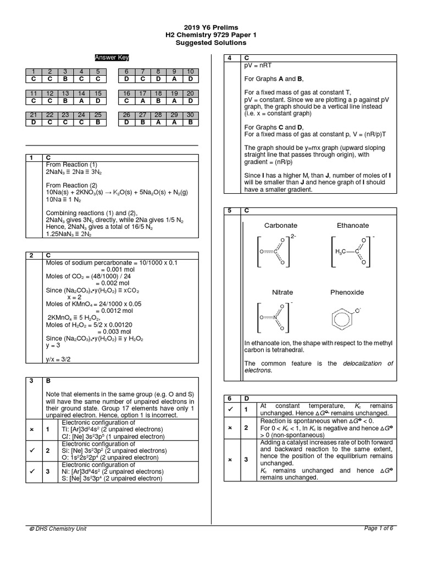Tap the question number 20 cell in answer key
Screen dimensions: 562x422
190,93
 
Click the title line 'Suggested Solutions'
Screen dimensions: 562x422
211,43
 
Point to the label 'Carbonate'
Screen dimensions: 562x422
280,225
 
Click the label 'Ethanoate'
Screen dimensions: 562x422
353,225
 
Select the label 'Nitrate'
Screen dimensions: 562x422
282,293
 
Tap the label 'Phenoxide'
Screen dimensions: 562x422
347,293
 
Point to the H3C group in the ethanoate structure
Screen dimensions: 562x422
341,251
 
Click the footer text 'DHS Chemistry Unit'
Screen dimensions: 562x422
61,529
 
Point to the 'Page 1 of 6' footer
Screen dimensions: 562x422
379,528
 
